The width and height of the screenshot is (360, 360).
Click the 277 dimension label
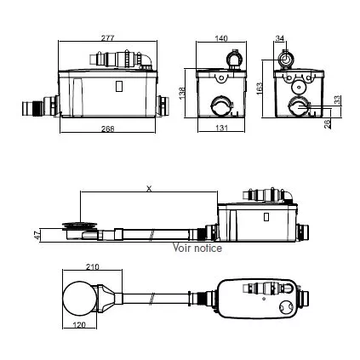107,37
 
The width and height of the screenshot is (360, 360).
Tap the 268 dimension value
108,129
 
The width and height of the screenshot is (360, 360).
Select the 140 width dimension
221,38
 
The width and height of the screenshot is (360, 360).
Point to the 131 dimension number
221,128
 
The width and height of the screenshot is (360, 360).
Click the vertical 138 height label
182,93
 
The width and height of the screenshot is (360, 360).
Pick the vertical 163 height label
260,89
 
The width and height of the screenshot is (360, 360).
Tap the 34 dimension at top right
280,38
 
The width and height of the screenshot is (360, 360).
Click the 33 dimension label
337,100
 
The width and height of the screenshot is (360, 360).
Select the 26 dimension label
328,123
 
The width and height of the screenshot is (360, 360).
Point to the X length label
149,188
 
